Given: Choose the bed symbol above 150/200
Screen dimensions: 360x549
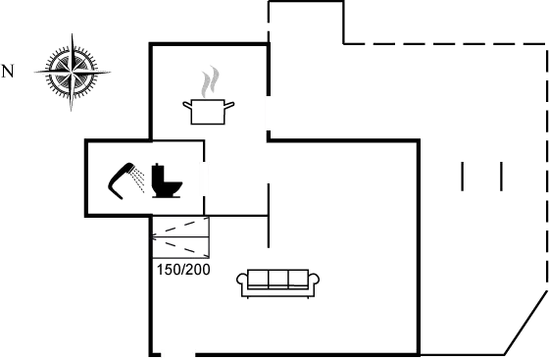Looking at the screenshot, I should coord(180,239).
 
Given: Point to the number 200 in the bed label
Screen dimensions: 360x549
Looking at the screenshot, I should coord(199,269).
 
